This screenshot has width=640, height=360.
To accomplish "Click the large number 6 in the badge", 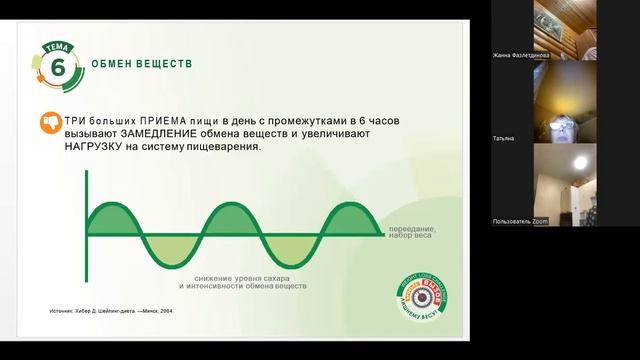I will [58, 68].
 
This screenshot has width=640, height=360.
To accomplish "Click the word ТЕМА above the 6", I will [58, 46].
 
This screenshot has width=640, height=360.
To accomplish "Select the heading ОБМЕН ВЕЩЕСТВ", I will [141, 64].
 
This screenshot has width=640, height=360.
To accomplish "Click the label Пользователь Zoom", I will [521, 220].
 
